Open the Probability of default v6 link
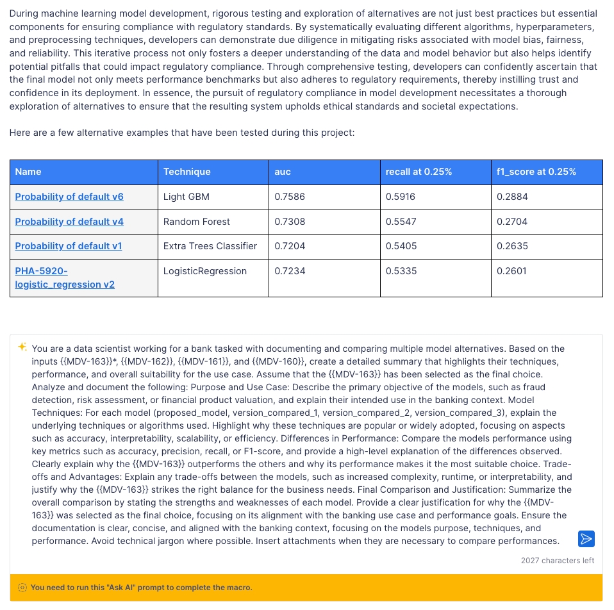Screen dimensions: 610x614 69,197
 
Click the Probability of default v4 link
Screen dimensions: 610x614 69,222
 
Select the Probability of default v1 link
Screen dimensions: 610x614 69,246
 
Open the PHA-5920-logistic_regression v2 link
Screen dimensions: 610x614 64,277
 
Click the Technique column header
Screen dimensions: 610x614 187,172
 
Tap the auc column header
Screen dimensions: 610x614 283,172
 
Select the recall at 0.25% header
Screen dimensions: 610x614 419,172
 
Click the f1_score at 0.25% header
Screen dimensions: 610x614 536,172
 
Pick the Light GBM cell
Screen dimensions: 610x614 187,197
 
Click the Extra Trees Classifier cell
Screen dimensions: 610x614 210,246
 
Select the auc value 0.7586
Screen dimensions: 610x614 290,197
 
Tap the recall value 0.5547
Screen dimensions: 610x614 401,222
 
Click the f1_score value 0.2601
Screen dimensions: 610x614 511,271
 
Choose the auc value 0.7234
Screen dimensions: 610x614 290,271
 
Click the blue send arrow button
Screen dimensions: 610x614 586,539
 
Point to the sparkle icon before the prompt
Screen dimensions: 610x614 22,347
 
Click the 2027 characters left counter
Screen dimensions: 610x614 557,561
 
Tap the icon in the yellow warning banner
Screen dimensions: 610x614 22,588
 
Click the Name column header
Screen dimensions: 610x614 28,172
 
